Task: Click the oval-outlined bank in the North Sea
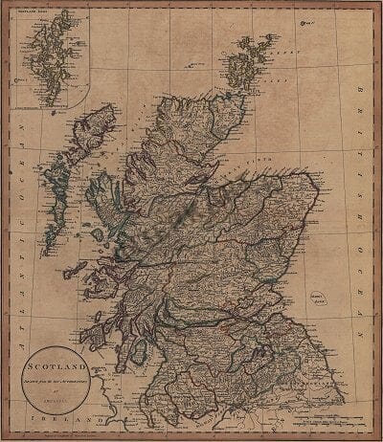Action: click(x=336, y=296)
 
